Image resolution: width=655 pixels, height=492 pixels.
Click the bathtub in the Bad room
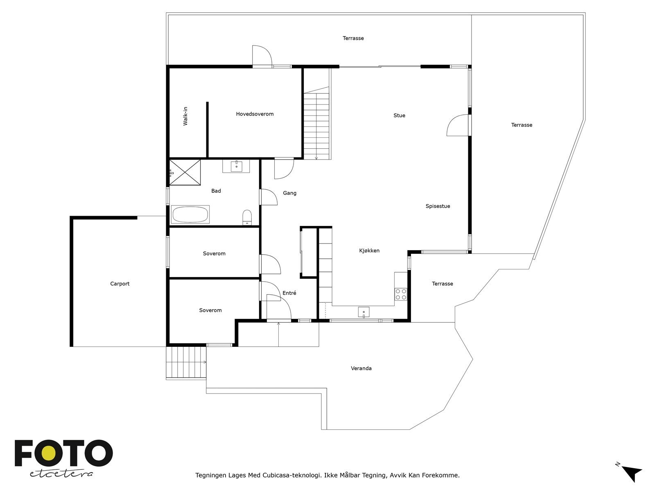tap(190, 214)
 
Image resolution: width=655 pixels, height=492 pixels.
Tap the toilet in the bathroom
tap(247, 217)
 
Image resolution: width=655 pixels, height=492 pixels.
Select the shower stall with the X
tap(185, 172)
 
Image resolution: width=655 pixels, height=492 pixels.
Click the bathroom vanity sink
tap(236, 166)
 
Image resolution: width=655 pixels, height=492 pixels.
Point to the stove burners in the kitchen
tap(401, 294)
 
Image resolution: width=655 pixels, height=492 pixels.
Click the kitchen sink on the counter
tap(364, 312)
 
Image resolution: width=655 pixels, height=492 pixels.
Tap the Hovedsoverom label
tap(255, 114)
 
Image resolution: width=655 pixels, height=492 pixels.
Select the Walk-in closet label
tap(185, 116)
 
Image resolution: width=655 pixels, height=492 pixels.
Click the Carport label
tap(120, 284)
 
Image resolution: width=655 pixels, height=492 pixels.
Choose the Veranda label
tap(361, 368)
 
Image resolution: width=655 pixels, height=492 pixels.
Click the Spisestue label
tap(438, 206)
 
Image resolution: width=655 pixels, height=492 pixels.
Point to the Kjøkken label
tap(369, 251)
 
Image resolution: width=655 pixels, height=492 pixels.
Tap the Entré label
tap(289, 293)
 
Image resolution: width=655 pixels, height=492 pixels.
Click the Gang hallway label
tap(289, 193)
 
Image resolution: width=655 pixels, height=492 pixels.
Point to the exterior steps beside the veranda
tap(186, 362)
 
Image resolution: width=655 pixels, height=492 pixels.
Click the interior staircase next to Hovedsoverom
tap(316, 123)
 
